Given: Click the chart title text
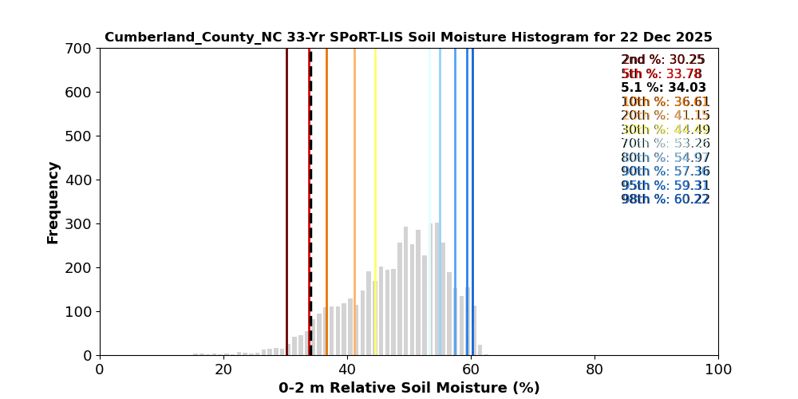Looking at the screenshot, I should click(x=408, y=38).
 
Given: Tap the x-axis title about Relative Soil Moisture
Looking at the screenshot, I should click(x=409, y=388).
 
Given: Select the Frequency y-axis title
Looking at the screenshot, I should click(x=53, y=202).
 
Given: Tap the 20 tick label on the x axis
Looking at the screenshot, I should click(x=223, y=370).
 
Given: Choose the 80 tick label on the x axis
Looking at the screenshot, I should click(x=595, y=370).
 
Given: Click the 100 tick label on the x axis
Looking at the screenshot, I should click(x=718, y=370).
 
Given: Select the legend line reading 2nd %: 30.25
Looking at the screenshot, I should click(x=663, y=60).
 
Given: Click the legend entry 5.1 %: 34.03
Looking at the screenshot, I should click(x=663, y=88).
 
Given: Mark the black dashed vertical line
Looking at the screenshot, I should click(x=310, y=160).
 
